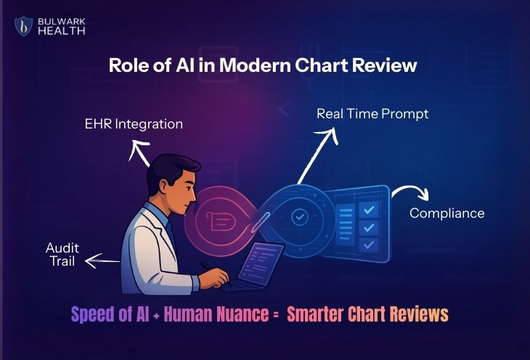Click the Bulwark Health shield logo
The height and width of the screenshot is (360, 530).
click(x=25, y=27)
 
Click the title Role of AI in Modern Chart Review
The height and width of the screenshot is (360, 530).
click(x=263, y=65)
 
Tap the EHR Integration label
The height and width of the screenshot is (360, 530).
click(x=134, y=124)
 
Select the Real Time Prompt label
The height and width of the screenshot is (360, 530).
click(x=372, y=114)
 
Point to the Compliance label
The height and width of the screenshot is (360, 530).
click(x=447, y=213)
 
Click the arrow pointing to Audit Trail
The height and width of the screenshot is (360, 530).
click(x=101, y=260)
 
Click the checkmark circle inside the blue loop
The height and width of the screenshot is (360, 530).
click(x=299, y=216)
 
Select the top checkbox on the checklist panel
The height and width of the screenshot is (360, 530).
click(x=370, y=210)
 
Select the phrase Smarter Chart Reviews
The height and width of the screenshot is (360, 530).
click(x=367, y=314)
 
